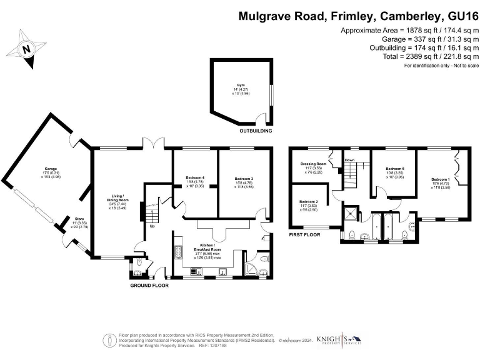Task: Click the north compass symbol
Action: (x=26, y=47)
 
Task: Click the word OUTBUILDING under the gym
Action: (x=256, y=132)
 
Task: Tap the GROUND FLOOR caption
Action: (x=149, y=285)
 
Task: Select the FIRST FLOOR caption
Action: (x=304, y=234)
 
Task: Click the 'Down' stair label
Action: (x=350, y=161)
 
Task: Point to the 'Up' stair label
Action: (x=152, y=226)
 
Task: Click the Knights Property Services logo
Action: (x=339, y=339)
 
